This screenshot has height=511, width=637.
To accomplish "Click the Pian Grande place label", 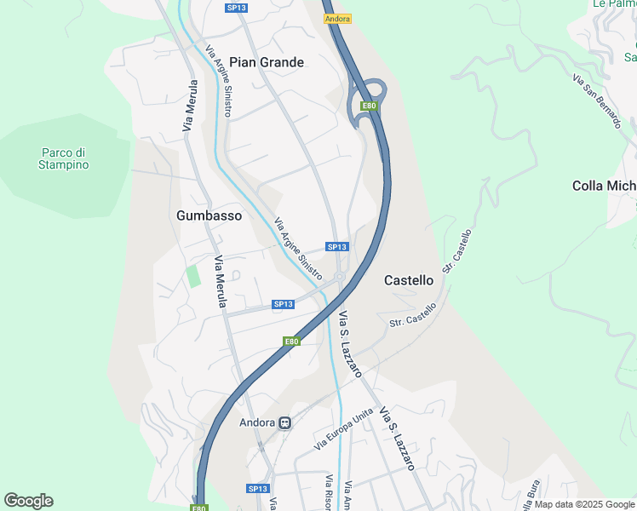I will click(x=267, y=62).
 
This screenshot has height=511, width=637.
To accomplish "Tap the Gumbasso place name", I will click(x=209, y=215).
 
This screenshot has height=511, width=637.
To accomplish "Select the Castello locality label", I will click(x=409, y=279).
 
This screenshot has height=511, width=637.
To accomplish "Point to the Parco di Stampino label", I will click(x=64, y=158).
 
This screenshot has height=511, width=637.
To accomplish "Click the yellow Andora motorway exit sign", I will click(x=337, y=19).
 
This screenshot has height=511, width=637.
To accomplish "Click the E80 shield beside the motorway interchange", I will click(x=368, y=106).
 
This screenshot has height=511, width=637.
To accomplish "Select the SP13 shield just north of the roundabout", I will click(x=337, y=247).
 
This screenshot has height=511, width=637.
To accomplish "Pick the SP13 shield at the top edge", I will click(x=236, y=8).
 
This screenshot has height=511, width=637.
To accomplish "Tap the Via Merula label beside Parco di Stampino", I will click(x=191, y=106).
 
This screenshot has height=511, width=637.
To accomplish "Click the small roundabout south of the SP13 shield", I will click(x=340, y=277).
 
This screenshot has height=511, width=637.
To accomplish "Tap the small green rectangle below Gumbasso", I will click(x=194, y=276).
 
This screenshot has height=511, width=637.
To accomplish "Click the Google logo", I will click(x=28, y=501).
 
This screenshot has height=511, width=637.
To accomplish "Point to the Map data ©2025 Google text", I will click(x=584, y=504).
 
